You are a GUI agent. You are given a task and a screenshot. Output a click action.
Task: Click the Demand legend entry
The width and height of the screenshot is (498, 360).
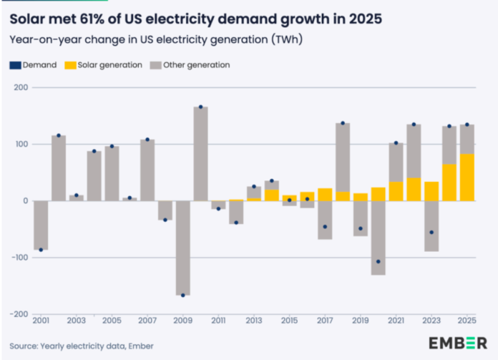(x=34, y=65)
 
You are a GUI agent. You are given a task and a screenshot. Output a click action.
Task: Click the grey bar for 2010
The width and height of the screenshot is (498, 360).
(x=201, y=154)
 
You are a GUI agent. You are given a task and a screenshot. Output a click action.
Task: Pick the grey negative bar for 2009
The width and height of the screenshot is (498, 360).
(x=183, y=248)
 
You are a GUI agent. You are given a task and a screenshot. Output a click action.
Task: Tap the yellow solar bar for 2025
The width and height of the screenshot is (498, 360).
(x=467, y=177)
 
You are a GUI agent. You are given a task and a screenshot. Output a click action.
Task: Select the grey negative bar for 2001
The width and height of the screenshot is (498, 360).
(x=41, y=225)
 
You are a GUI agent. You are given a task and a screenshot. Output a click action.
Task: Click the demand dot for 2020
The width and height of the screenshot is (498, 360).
(x=379, y=261)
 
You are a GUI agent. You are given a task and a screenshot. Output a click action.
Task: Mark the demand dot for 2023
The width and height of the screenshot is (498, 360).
(x=431, y=233)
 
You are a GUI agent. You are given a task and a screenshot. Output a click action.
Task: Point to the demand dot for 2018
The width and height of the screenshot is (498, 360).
(x=343, y=123)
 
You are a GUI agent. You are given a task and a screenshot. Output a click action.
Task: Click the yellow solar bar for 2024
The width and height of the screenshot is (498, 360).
(x=449, y=183)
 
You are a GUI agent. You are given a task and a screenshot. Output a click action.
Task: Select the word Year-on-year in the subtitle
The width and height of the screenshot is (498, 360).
(x=39, y=39)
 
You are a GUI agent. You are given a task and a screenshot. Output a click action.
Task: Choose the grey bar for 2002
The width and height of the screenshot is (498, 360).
(x=59, y=168)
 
